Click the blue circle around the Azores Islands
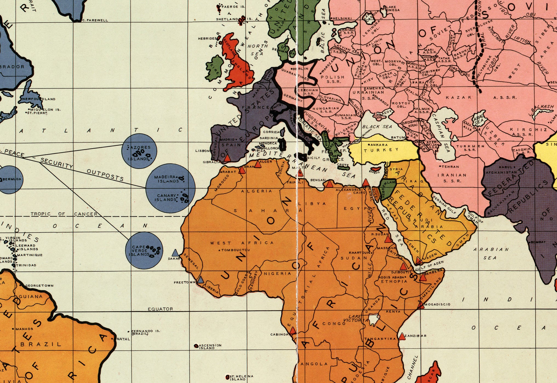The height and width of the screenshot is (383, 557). (139, 151)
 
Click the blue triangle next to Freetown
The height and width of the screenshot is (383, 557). (201, 280)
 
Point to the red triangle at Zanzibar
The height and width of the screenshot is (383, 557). (402, 337)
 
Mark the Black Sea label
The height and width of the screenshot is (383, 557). (377, 127)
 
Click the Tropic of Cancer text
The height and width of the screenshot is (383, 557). (64, 214)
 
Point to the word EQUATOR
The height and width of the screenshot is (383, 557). (160, 309)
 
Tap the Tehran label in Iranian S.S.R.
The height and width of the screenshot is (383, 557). (450, 166)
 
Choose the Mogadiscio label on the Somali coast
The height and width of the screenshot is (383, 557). (437, 304)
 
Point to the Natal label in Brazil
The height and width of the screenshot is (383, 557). (123, 339)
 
